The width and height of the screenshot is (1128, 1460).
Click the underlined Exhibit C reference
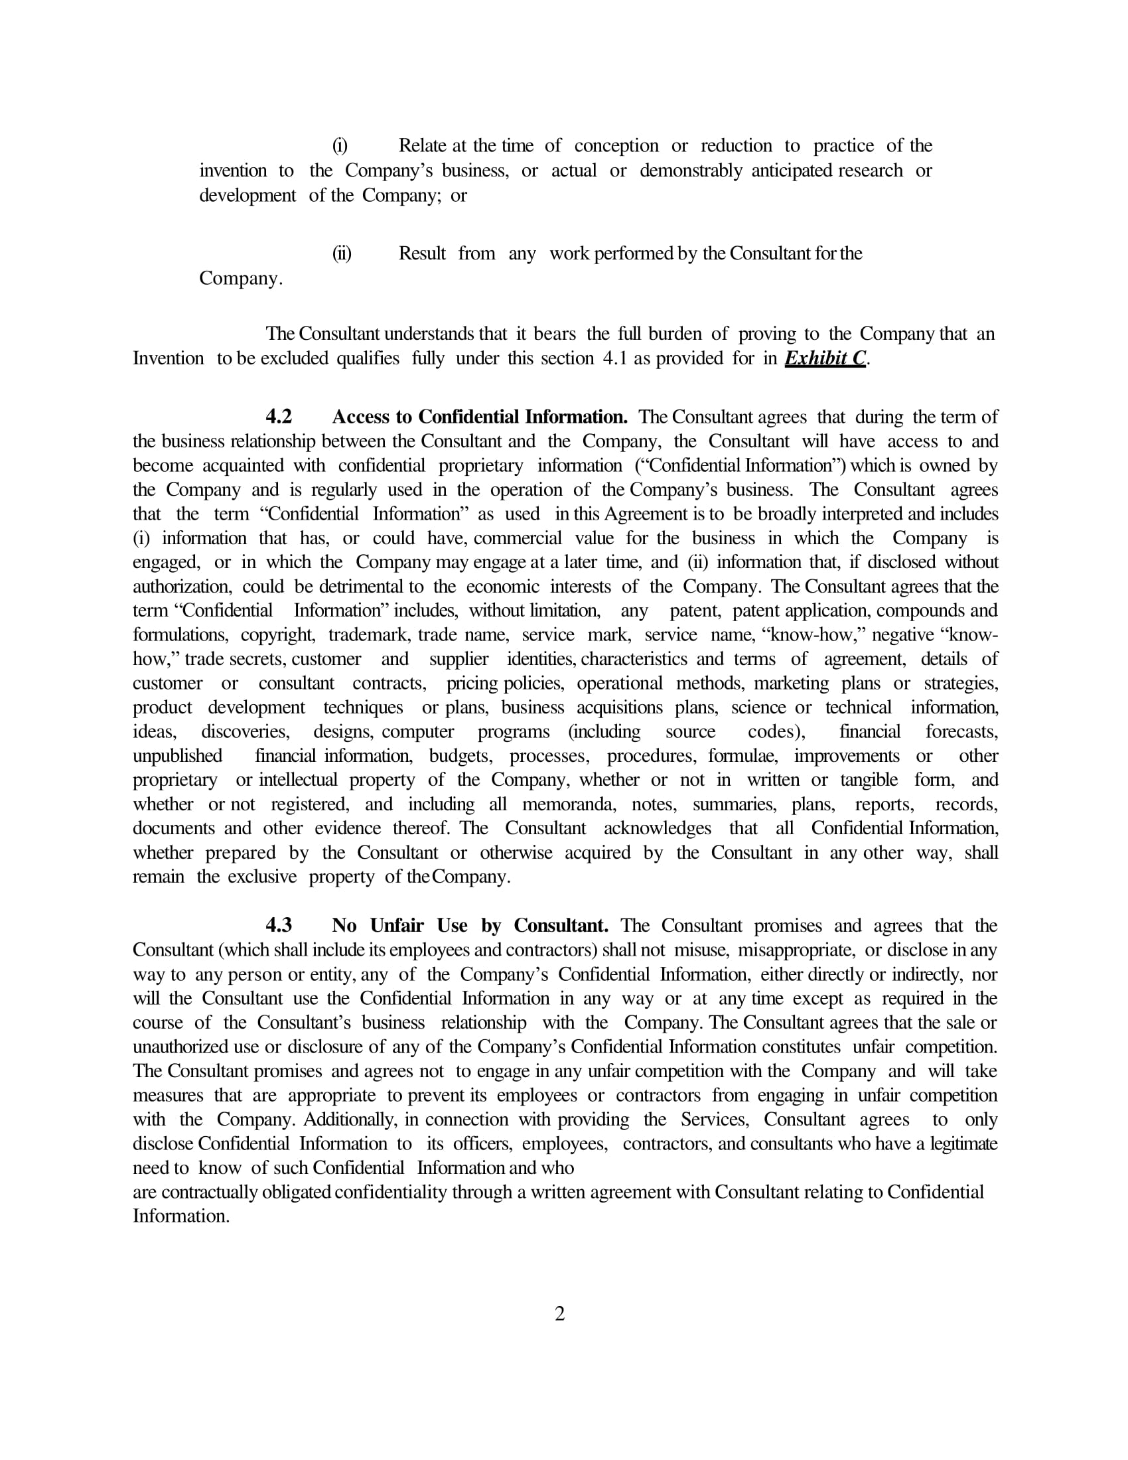(x=825, y=358)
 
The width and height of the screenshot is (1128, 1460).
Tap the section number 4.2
(x=279, y=417)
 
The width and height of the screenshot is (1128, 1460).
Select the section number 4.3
(x=279, y=925)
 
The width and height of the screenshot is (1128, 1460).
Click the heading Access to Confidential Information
(x=480, y=417)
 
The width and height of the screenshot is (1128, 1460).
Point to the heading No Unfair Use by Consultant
(x=470, y=925)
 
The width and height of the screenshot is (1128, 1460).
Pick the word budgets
(x=460, y=755)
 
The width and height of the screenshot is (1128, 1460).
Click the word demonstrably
(x=691, y=171)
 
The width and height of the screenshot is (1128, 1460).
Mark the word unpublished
(x=177, y=755)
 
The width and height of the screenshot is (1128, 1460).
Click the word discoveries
(x=246, y=731)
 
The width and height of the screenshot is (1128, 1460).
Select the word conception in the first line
(x=616, y=146)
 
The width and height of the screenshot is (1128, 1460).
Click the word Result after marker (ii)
(x=421, y=254)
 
